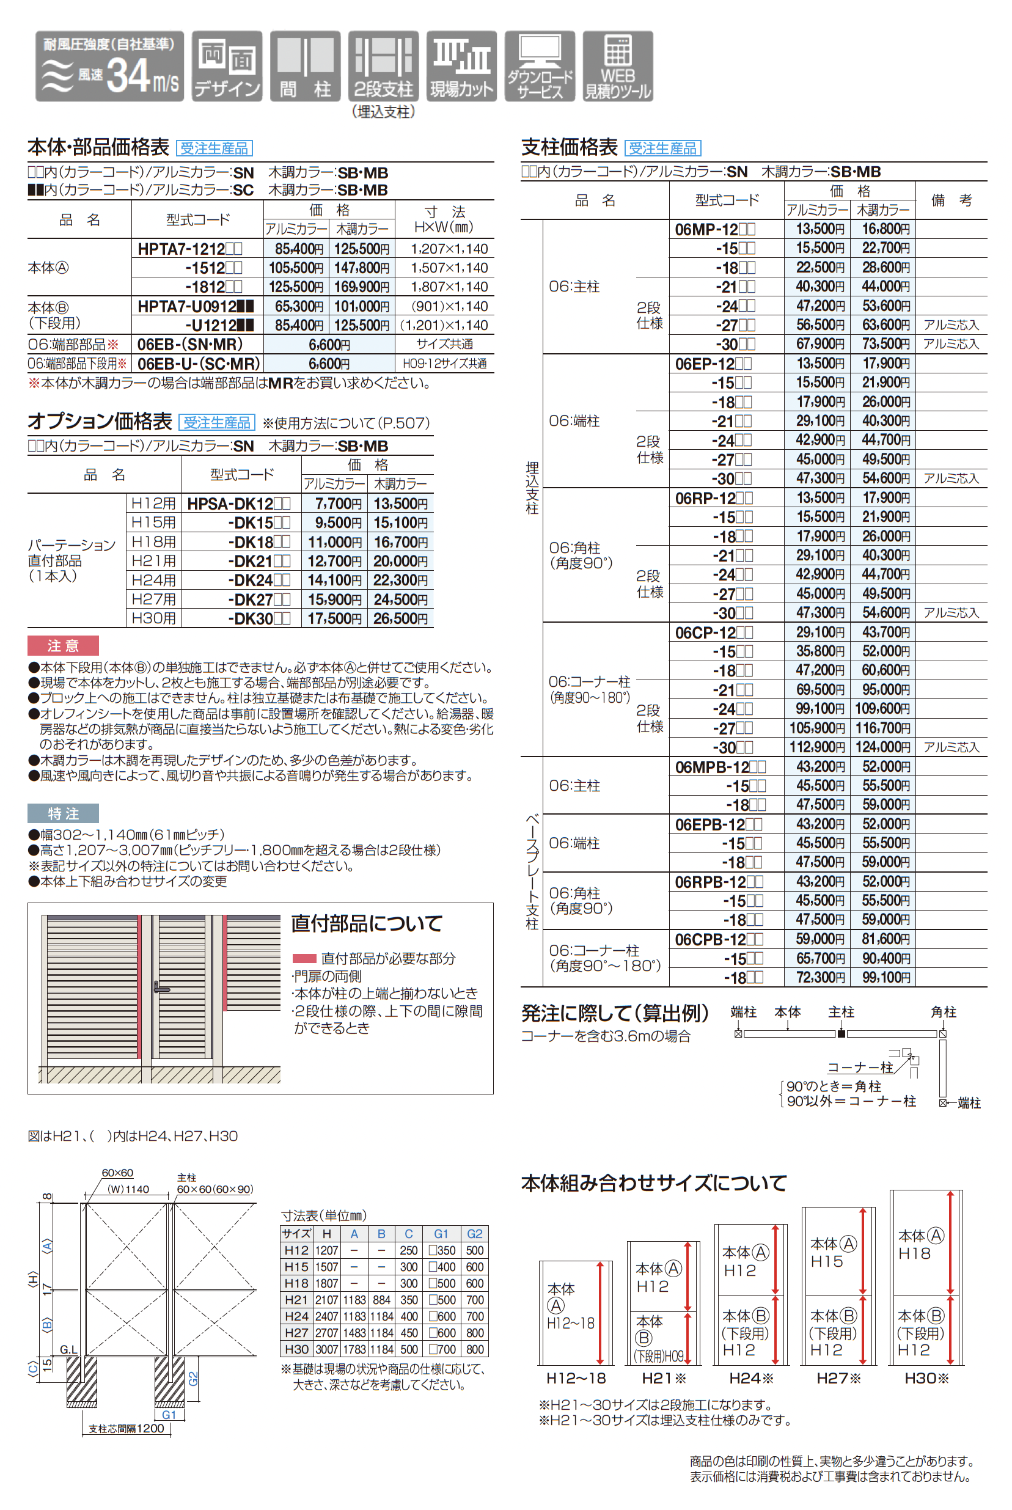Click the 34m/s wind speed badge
(x=110, y=67)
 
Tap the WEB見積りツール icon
(x=618, y=67)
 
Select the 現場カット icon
(x=461, y=67)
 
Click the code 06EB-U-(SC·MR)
(x=198, y=364)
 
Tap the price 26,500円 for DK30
(x=400, y=618)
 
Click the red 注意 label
(x=62, y=645)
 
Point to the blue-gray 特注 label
(x=62, y=813)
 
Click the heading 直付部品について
(x=367, y=923)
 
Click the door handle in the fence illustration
(x=159, y=988)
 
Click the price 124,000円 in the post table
(x=882, y=747)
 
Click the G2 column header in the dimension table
(x=474, y=1233)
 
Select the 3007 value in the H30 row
(x=326, y=1349)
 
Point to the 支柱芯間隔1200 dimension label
(x=127, y=1429)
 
